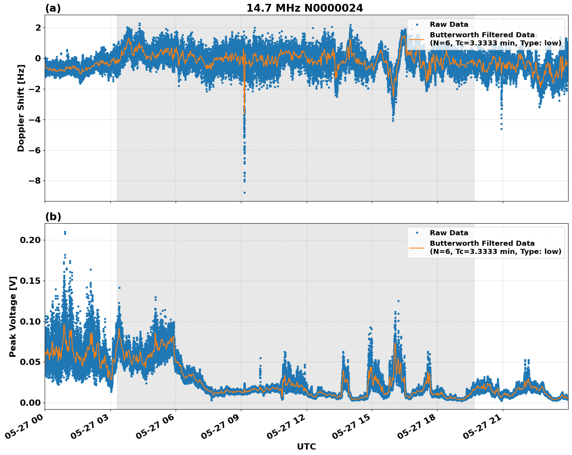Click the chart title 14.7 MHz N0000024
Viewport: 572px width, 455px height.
click(x=305, y=8)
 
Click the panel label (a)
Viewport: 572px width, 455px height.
click(x=53, y=8)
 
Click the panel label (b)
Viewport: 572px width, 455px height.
click(x=53, y=217)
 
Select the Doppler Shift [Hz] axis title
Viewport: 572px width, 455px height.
click(x=21, y=108)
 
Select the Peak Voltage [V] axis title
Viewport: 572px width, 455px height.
click(x=13, y=316)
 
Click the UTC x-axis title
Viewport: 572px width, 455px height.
click(x=306, y=446)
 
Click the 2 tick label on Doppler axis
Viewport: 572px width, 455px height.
click(x=38, y=28)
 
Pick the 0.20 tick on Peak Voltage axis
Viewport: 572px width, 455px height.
click(x=30, y=240)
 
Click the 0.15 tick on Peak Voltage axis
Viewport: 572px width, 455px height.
click(x=30, y=281)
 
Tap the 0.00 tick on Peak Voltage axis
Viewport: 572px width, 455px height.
click(x=30, y=403)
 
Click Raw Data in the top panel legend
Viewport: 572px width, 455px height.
click(x=449, y=24)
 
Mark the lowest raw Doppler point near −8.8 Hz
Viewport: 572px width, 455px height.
click(x=244, y=193)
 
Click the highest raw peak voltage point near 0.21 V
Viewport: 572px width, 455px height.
click(x=65, y=232)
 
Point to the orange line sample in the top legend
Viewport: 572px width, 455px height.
click(x=417, y=39)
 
